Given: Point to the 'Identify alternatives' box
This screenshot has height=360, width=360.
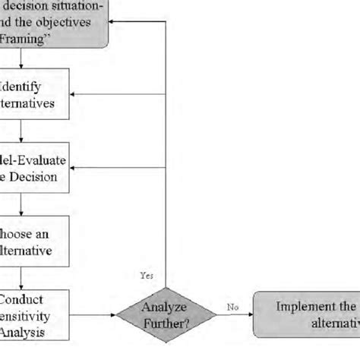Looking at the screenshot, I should coord(34,93).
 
